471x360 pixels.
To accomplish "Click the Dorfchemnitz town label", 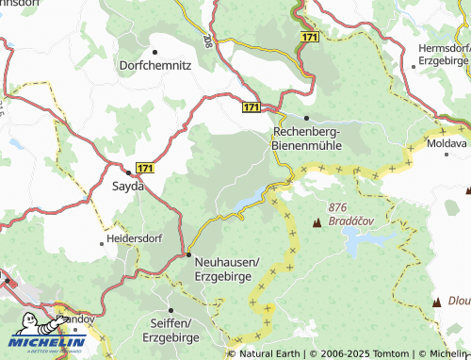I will pyautogui.click(x=156, y=66).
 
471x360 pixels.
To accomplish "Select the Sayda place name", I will pyautogui.click(x=128, y=187).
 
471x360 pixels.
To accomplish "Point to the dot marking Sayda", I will pyautogui.click(x=128, y=172).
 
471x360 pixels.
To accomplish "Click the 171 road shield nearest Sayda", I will pyautogui.click(x=142, y=167).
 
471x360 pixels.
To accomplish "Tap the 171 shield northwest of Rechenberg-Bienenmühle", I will pyautogui.click(x=252, y=108).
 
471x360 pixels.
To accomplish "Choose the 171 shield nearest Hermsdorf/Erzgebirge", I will pyautogui.click(x=311, y=36).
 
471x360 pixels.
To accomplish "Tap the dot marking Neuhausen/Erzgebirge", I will pyautogui.click(x=188, y=254).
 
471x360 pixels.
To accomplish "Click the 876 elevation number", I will pyautogui.click(x=339, y=207).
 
